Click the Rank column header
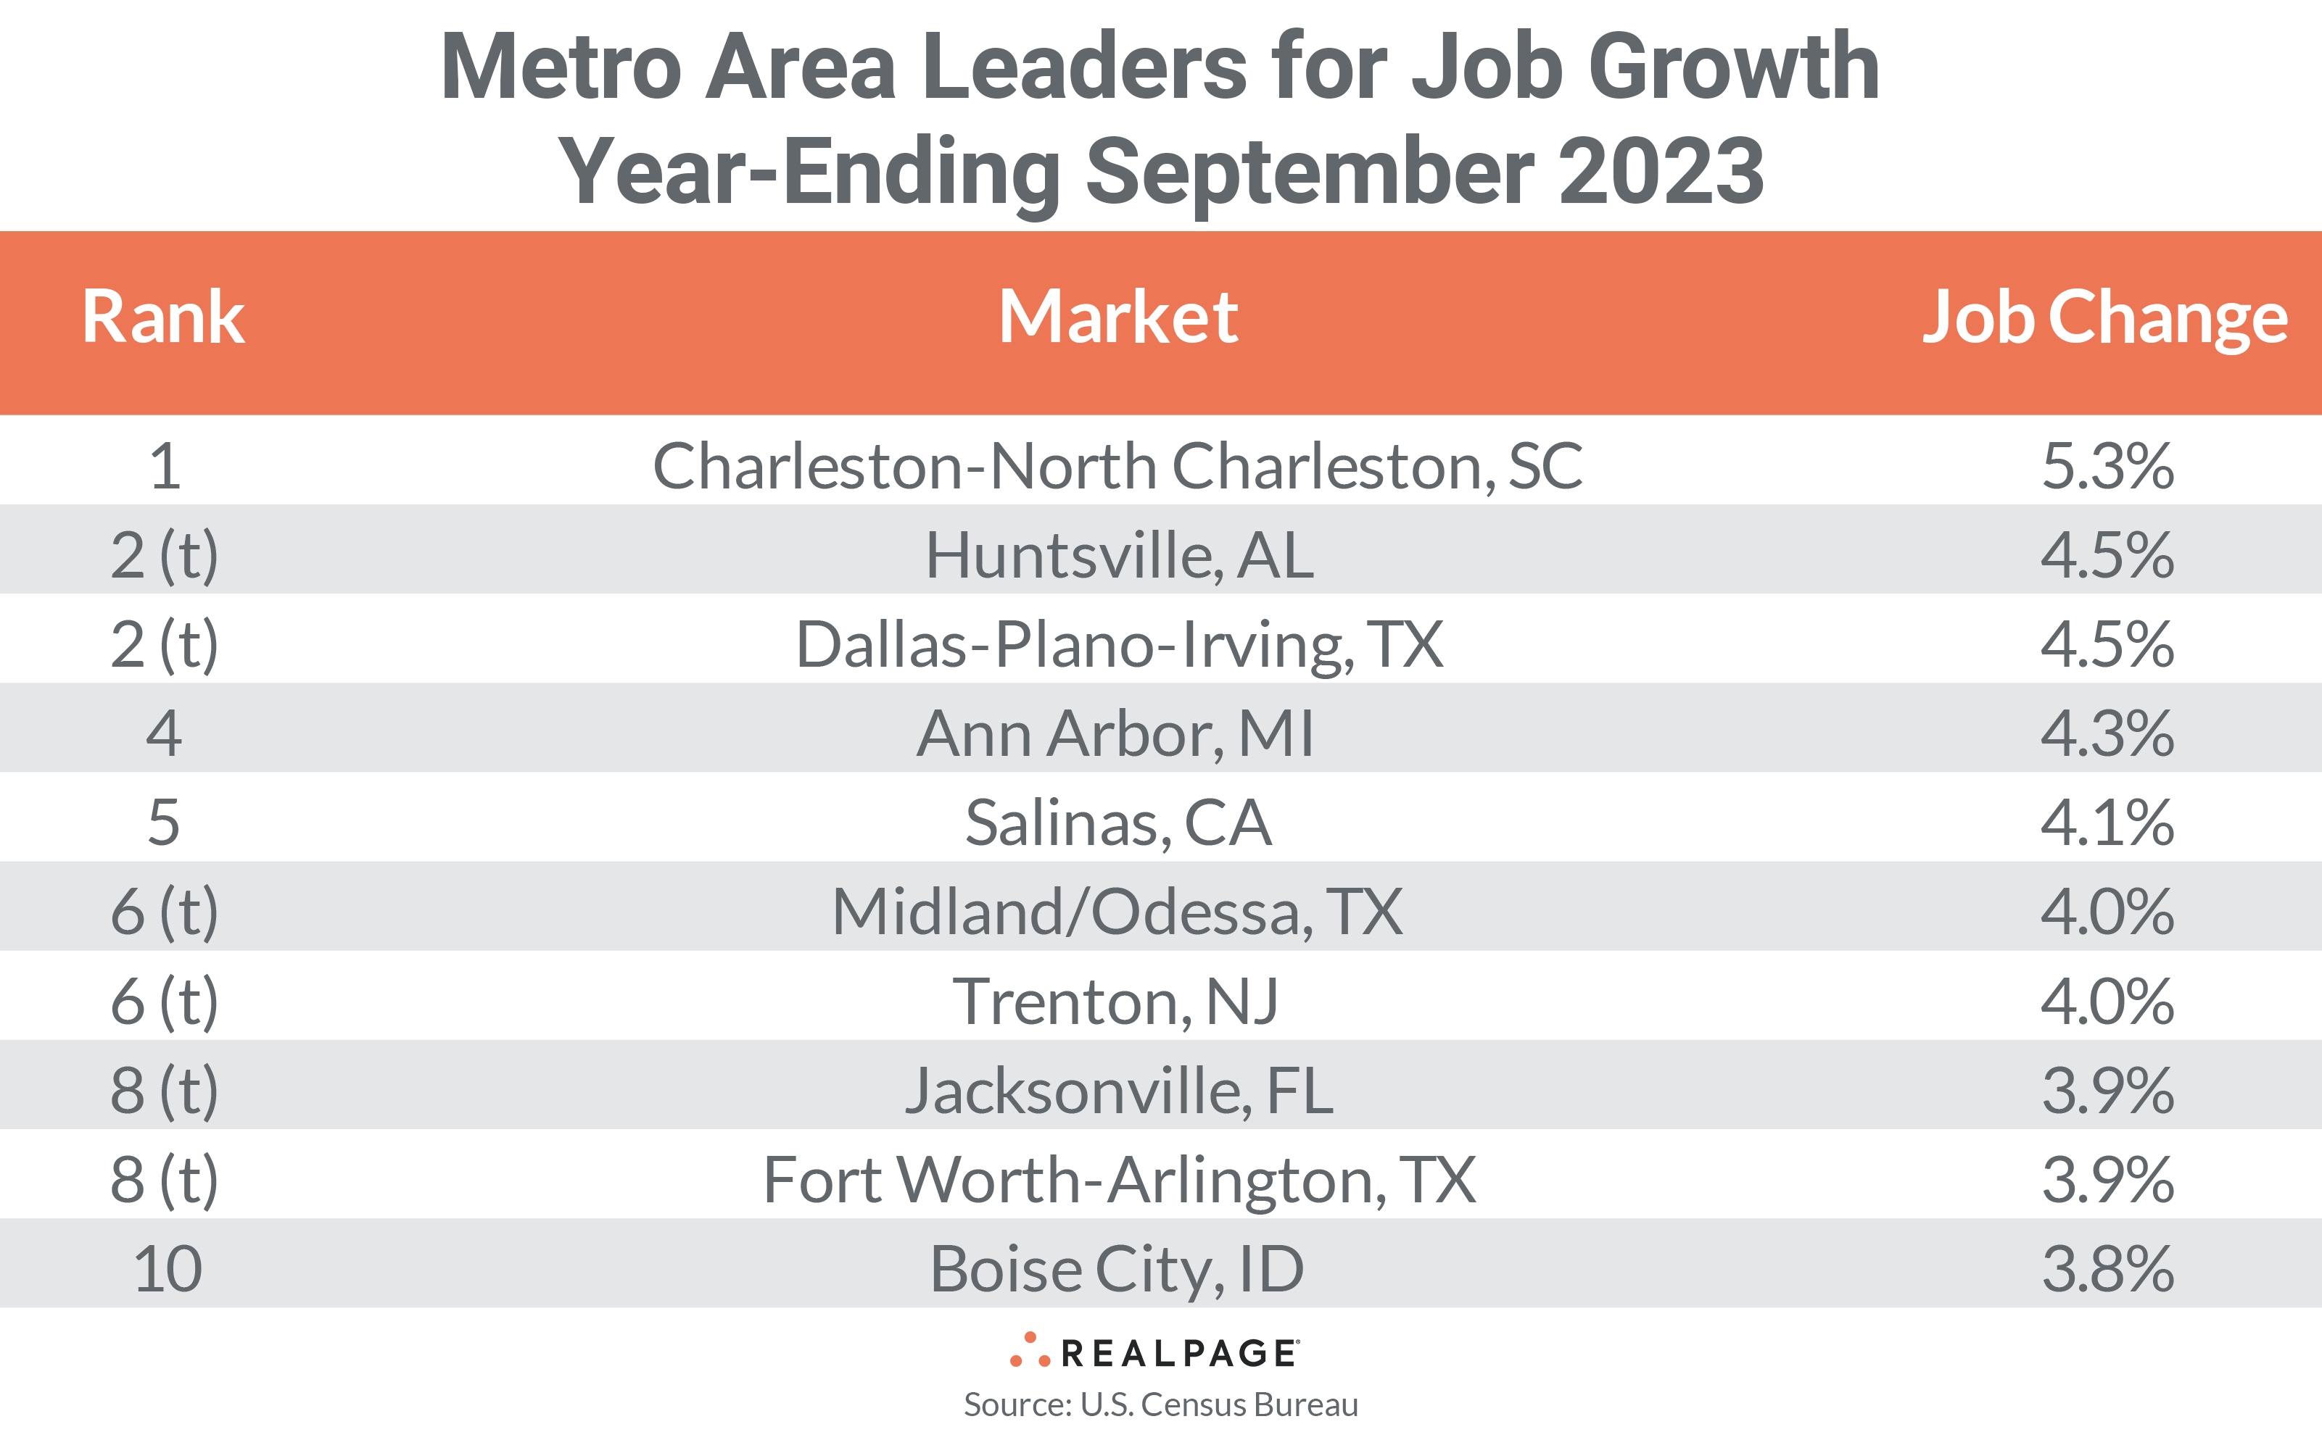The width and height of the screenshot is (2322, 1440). [163, 317]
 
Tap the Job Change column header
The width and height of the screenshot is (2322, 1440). [2104, 317]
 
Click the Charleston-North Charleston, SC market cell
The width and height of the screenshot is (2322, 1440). [1117, 467]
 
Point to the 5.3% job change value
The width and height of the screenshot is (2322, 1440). [2107, 467]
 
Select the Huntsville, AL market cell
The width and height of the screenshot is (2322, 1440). [1120, 555]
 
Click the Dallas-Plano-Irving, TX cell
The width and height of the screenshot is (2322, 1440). [1120, 645]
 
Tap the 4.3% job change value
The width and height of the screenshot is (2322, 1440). [2107, 734]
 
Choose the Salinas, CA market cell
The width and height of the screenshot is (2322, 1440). [1117, 823]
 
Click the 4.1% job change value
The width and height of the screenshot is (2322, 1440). [2107, 823]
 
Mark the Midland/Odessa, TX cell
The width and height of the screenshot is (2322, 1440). [1117, 912]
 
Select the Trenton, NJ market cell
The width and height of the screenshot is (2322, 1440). [1116, 1002]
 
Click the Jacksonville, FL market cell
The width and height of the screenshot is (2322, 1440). [1120, 1091]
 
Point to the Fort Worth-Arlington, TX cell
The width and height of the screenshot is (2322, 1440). [1120, 1180]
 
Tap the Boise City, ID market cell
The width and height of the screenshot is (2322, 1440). [1117, 1270]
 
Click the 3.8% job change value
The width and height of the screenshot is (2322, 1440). [2107, 1270]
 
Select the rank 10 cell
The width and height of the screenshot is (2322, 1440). [168, 1270]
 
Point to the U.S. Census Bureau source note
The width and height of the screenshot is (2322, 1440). [1160, 1404]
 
